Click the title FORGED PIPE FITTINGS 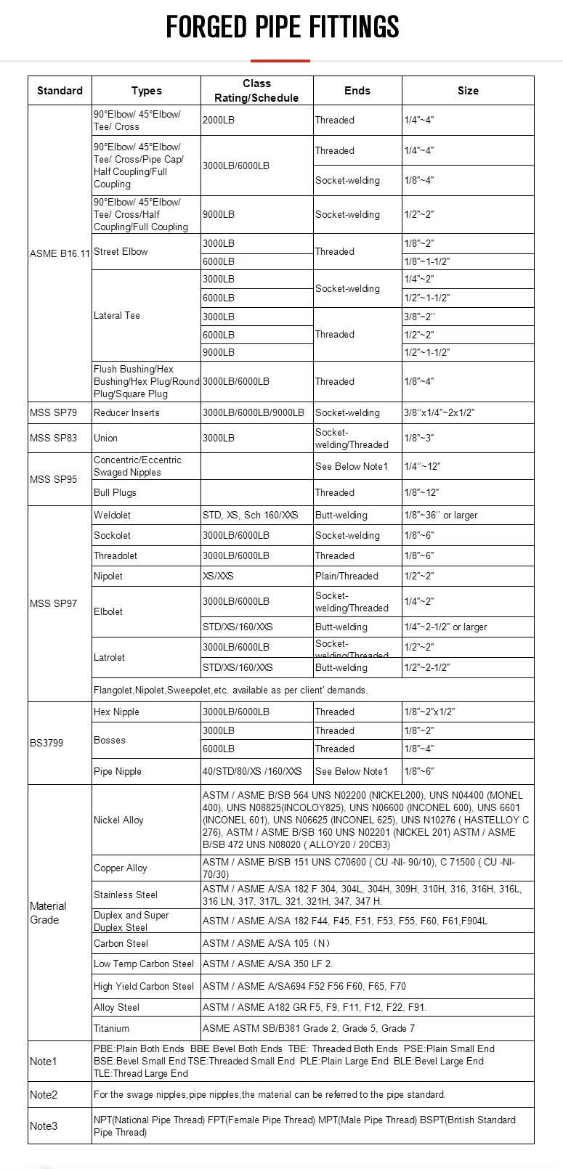point(282,28)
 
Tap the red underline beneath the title point(280,61)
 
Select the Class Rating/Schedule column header point(256,91)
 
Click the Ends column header point(357,91)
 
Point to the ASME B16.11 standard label point(60,253)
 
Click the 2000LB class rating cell point(219,121)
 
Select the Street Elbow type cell point(121,252)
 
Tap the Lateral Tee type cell point(117,316)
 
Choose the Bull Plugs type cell point(115,492)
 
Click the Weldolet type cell point(113,515)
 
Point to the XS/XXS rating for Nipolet point(218,576)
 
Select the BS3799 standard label point(46,743)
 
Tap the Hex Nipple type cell point(116,712)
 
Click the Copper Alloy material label point(121,868)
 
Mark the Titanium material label point(111,1028)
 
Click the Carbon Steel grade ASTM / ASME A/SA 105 point(266,943)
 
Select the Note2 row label point(44,1094)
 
